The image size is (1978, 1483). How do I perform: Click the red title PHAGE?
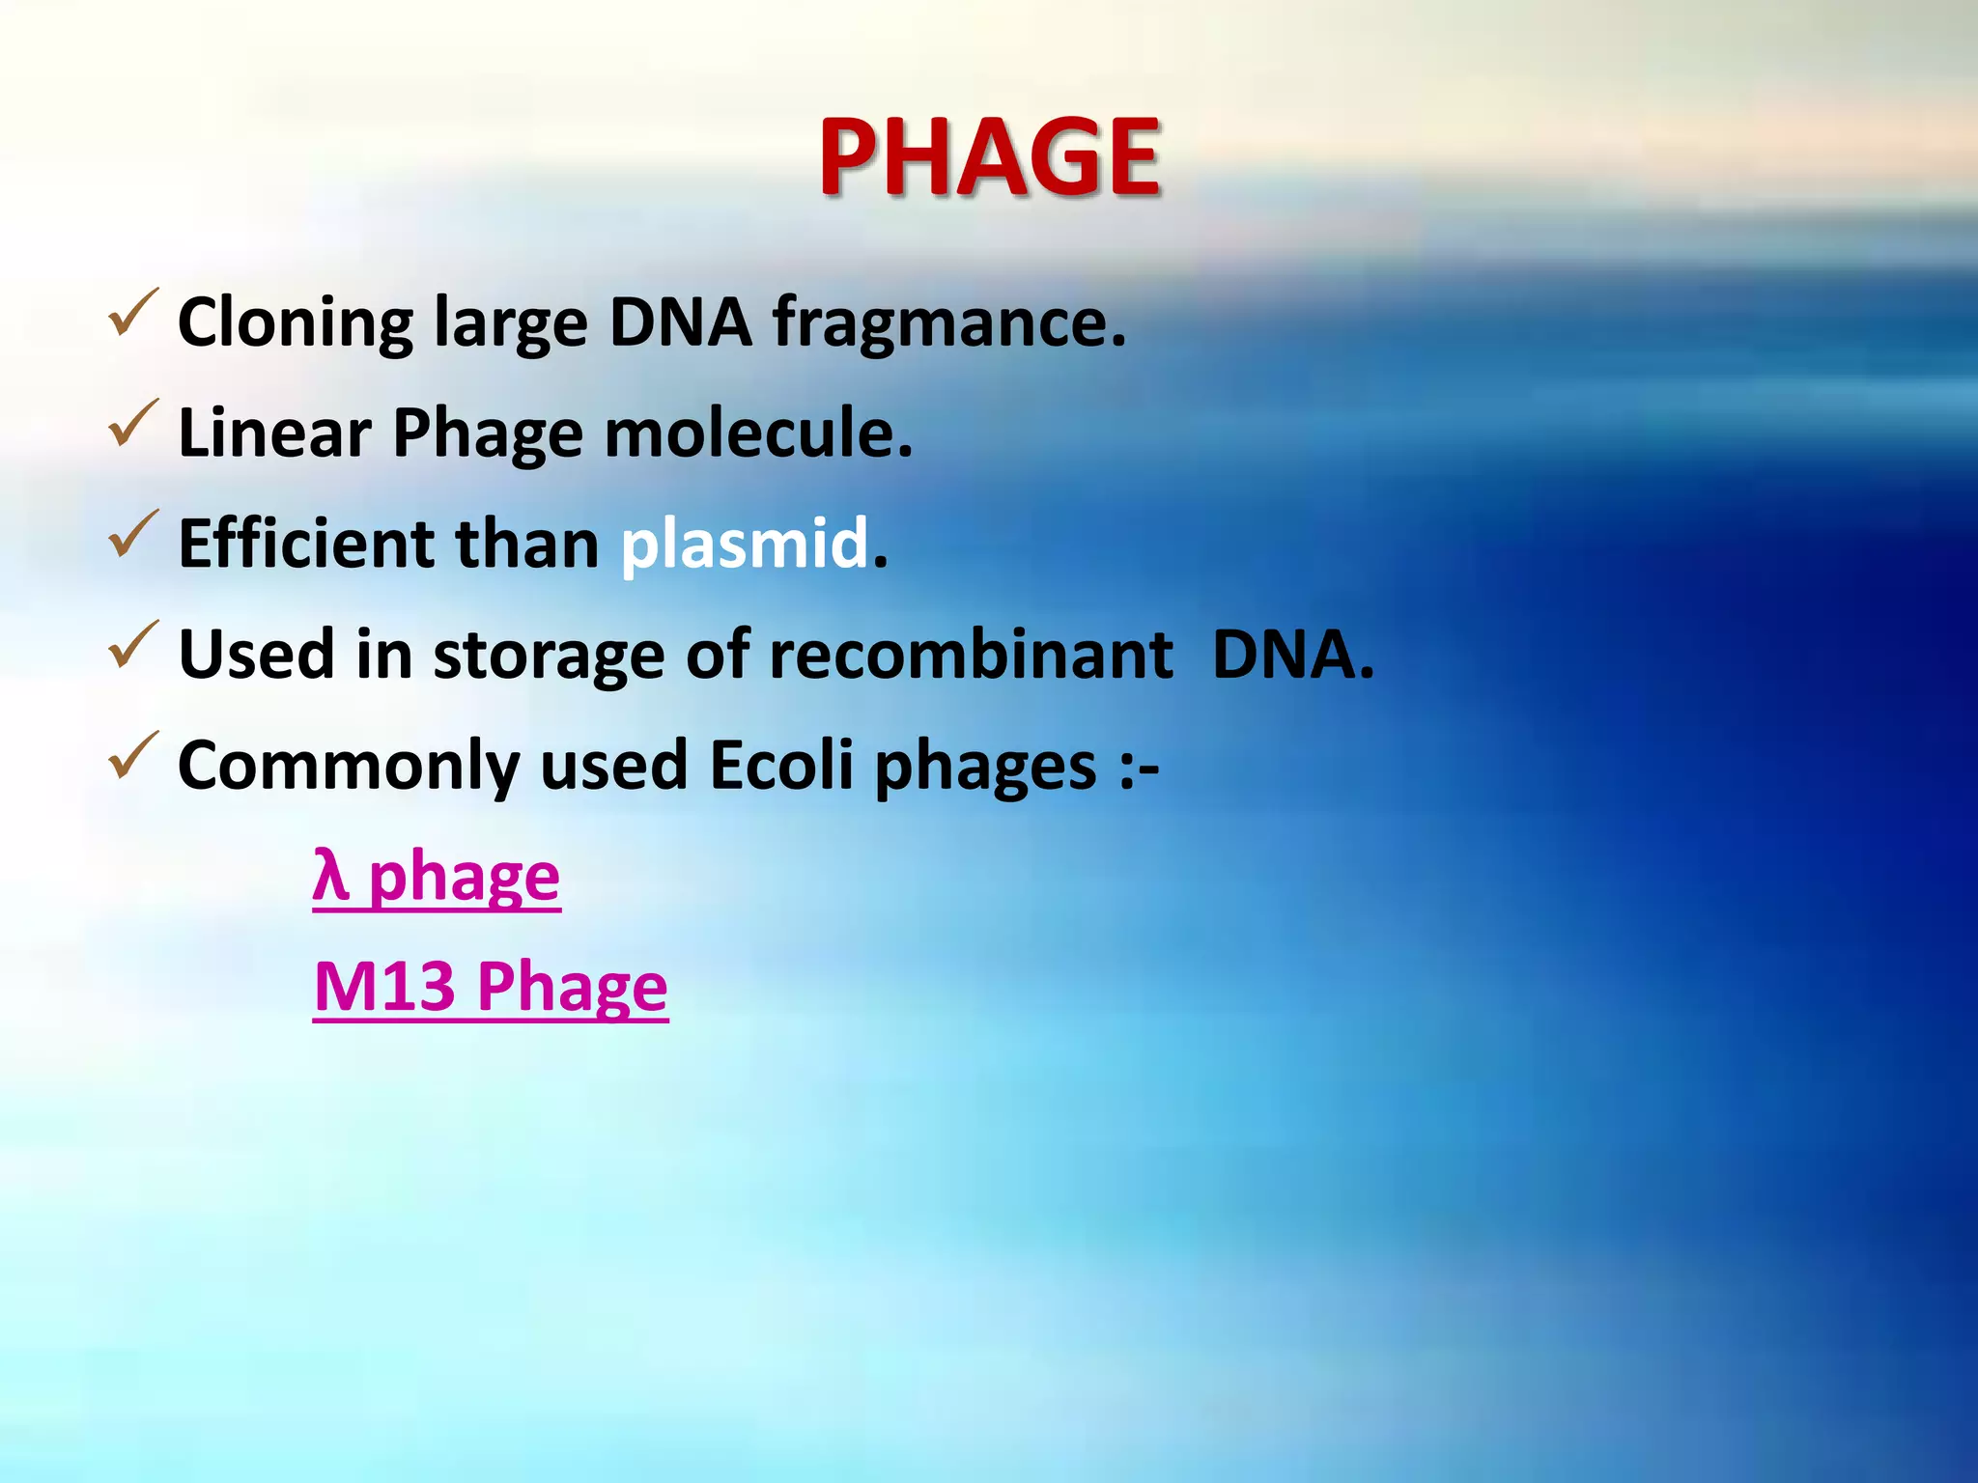(x=989, y=156)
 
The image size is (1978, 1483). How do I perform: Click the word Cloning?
(x=296, y=323)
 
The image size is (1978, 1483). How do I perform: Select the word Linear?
(x=274, y=433)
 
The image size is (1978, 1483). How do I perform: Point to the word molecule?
(x=757, y=433)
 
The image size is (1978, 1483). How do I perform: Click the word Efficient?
(x=306, y=544)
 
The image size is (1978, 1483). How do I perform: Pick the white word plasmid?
(x=745, y=544)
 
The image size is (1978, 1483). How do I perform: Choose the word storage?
(x=548, y=657)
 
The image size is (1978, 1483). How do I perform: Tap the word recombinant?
(x=971, y=655)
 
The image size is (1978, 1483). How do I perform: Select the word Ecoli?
(x=781, y=766)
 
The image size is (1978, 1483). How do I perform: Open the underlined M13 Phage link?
(x=491, y=987)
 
